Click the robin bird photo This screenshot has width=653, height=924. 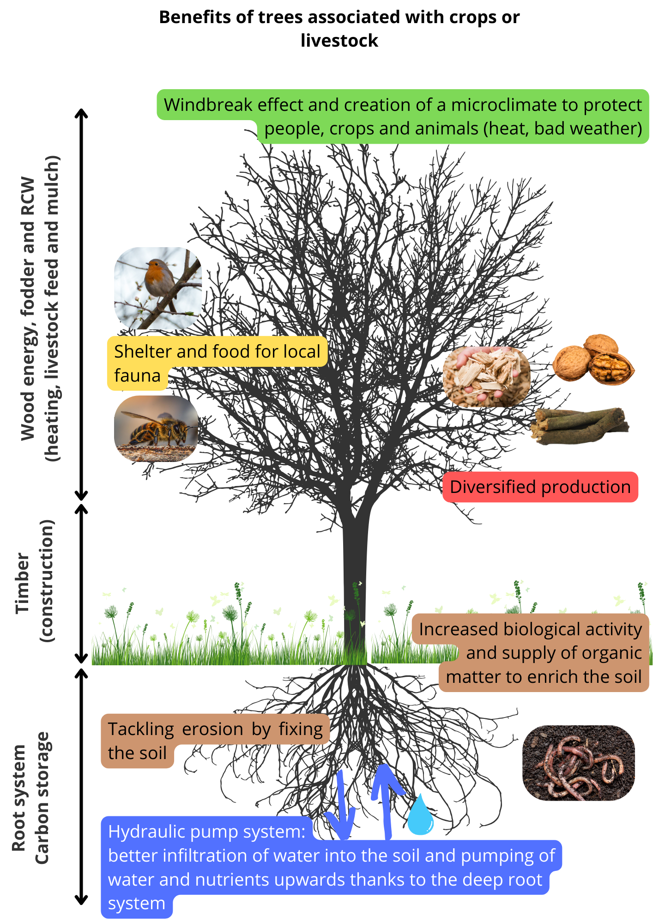pyautogui.click(x=158, y=288)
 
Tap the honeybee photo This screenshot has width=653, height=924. pyautogui.click(x=157, y=428)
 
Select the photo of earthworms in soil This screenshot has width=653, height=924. pyautogui.click(x=579, y=763)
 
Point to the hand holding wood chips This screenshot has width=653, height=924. pyautogui.click(x=486, y=377)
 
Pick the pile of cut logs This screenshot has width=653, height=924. pyautogui.click(x=580, y=426)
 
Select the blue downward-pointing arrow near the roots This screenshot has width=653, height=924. pyautogui.click(x=340, y=806)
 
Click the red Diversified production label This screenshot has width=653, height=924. pyautogui.click(x=540, y=487)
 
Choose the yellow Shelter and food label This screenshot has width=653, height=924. pyautogui.click(x=217, y=363)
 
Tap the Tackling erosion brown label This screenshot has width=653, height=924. pyautogui.click(x=215, y=741)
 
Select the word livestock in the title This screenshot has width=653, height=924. pyautogui.click(x=339, y=41)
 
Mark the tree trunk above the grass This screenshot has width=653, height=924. pyautogui.click(x=355, y=587)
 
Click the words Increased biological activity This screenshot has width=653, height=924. pyautogui.click(x=531, y=629)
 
